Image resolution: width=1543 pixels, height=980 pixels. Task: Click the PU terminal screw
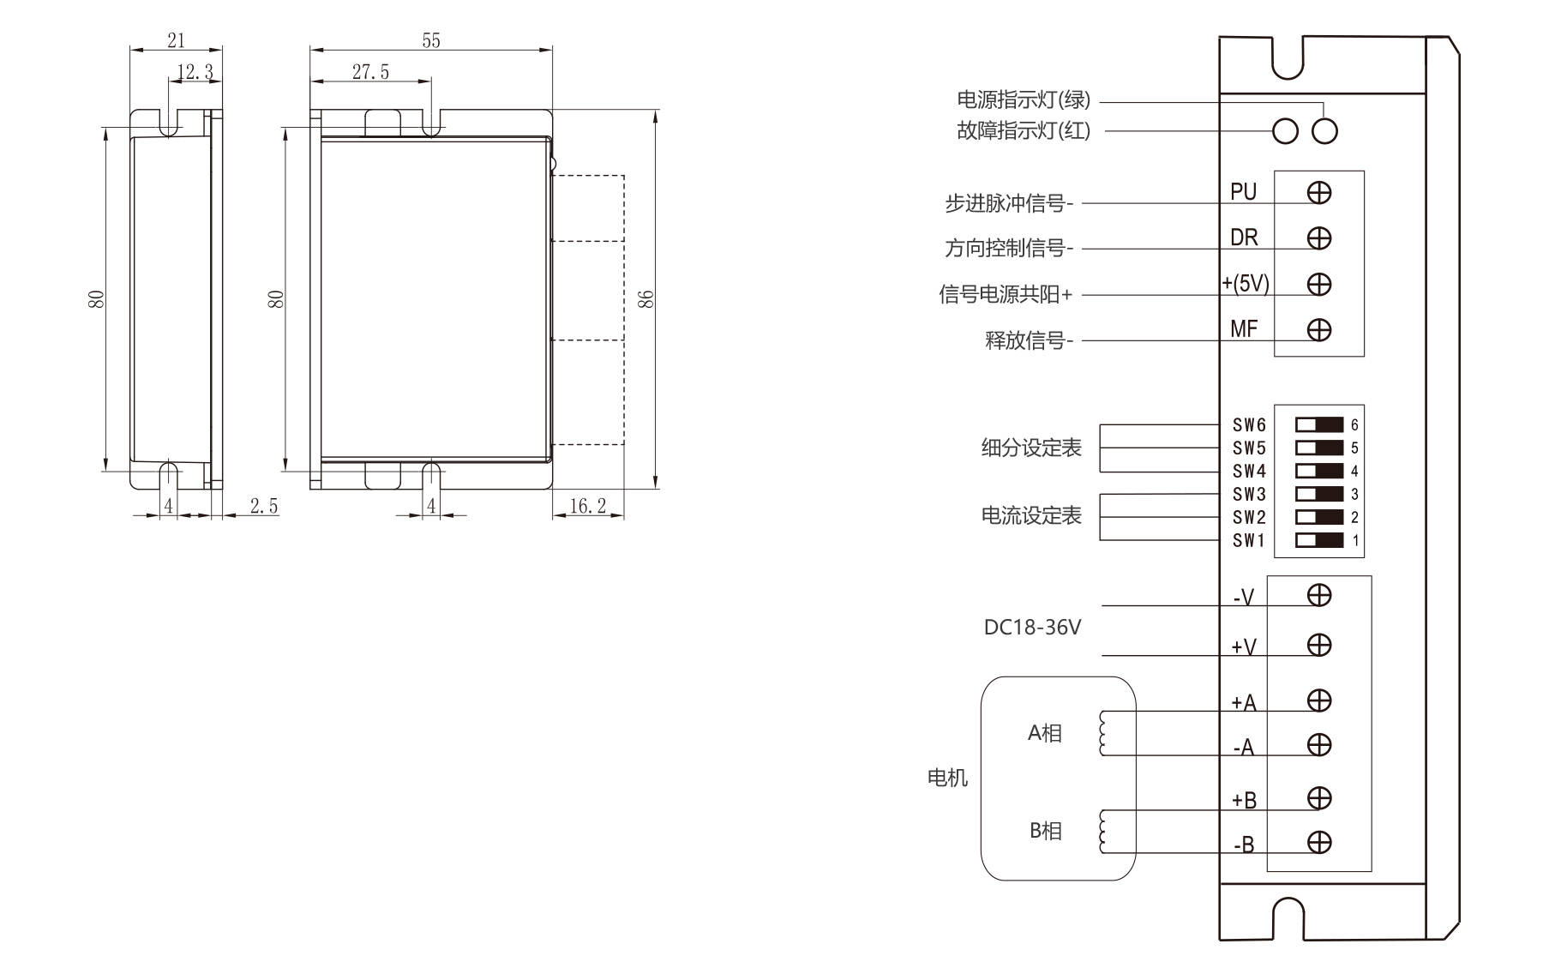(1319, 193)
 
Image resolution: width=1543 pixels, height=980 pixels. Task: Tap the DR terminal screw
(1319, 238)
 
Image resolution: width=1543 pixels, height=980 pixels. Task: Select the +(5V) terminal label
(1246, 283)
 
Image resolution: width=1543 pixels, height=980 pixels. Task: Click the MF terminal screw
(1319, 329)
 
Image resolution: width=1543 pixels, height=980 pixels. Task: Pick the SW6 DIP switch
(1319, 425)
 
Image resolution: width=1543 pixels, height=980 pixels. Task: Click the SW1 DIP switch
(1319, 540)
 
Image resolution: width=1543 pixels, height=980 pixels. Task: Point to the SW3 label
(1249, 495)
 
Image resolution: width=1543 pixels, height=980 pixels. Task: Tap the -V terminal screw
(1319, 595)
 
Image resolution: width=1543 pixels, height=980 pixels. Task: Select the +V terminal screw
(1319, 645)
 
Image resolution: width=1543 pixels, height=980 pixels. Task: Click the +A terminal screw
(1319, 700)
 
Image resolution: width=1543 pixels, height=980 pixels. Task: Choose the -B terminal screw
(1319, 843)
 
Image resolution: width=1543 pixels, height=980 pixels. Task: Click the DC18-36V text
(1032, 628)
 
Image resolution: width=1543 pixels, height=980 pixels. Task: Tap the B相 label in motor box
(1045, 831)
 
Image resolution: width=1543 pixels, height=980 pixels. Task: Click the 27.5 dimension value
(370, 72)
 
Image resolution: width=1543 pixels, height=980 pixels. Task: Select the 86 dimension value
(647, 299)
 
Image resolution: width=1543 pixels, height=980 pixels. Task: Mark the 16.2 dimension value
(587, 506)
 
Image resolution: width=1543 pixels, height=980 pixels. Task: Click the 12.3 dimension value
(195, 72)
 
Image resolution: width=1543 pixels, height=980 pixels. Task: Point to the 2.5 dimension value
(264, 506)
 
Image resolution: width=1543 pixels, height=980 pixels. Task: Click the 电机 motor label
(947, 778)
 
